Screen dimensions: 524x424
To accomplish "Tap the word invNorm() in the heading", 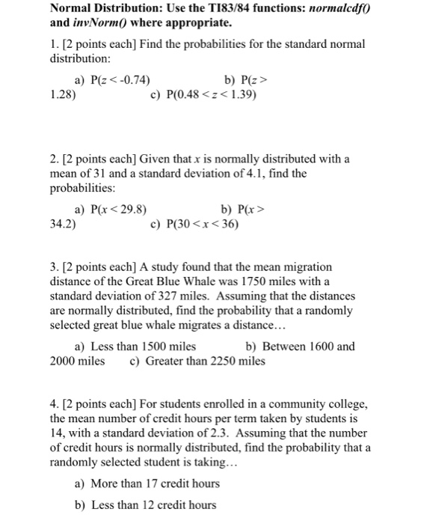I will tap(104, 23).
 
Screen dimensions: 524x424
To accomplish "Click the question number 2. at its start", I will tap(55, 159).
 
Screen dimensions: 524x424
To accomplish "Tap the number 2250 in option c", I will tap(224, 361).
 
